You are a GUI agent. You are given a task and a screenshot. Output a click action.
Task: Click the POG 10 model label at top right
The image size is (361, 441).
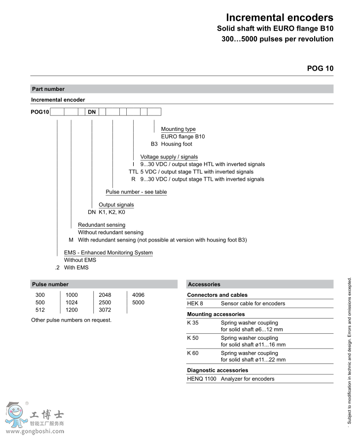(320, 68)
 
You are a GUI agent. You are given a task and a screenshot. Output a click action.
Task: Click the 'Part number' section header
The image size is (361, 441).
(48, 89)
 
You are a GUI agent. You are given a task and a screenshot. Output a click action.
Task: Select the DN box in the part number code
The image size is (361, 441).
(92, 112)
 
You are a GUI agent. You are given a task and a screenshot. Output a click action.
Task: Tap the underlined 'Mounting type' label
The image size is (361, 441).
(178, 129)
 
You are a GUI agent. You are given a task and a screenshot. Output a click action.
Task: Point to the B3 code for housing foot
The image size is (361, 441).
(154, 144)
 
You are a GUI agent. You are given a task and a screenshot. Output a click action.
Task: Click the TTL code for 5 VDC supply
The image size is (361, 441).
(133, 172)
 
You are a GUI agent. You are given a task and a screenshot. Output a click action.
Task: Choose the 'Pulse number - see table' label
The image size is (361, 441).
(136, 192)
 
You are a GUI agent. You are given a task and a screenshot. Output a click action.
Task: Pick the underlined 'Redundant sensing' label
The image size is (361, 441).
(102, 225)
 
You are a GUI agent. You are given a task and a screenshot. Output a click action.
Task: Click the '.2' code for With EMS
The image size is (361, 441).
(57, 268)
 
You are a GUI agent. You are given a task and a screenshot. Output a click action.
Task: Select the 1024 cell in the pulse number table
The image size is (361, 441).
(72, 302)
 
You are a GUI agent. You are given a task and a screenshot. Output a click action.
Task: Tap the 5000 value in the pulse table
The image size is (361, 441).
(138, 302)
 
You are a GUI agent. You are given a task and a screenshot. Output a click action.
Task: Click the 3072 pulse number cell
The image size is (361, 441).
(105, 310)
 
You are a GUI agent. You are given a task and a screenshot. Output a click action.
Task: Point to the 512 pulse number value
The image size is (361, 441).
(40, 310)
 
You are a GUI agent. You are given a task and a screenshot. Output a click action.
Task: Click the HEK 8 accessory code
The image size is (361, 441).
(195, 303)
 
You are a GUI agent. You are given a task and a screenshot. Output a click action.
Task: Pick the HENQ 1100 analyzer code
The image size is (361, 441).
(202, 379)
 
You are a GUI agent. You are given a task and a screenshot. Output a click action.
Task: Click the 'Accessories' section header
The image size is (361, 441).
(204, 284)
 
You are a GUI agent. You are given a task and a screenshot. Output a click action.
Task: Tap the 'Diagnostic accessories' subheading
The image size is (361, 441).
(217, 370)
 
